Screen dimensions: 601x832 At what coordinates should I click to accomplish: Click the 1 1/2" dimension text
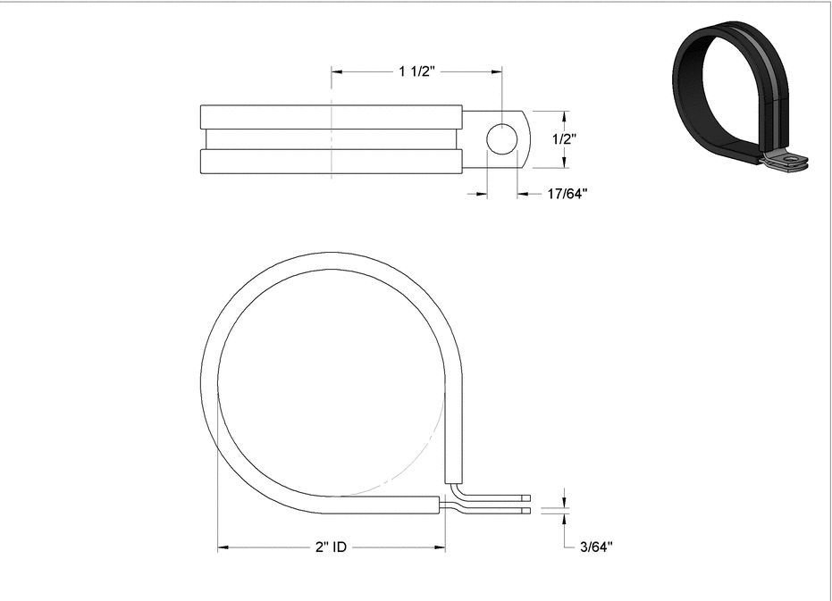[x=416, y=72]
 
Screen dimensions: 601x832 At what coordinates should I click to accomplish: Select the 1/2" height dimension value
[x=563, y=138]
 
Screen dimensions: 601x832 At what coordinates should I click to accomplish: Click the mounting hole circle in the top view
[x=502, y=138]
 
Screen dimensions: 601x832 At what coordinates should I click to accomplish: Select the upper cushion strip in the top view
[x=331, y=117]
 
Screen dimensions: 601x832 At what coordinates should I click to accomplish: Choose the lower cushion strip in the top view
[x=331, y=161]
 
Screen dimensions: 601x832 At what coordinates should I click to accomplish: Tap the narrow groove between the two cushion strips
[x=331, y=138]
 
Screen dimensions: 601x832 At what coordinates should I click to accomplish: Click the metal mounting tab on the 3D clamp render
[x=789, y=162]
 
